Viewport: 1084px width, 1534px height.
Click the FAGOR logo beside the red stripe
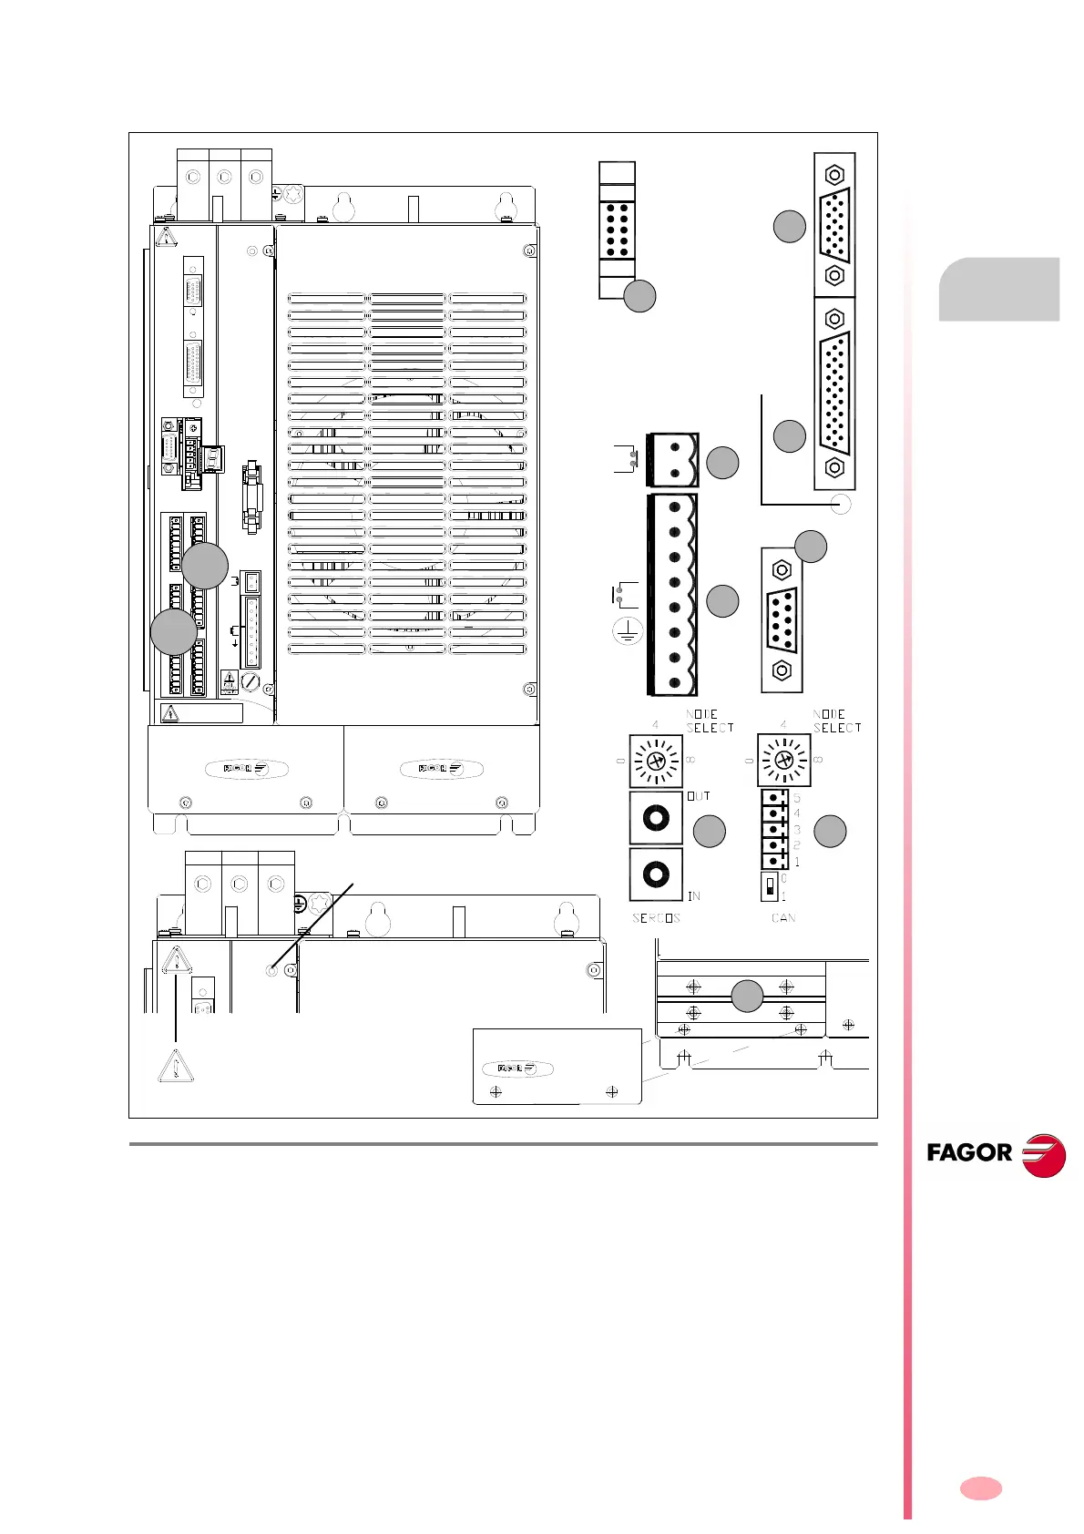(995, 1154)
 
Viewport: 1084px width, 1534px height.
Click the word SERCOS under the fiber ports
(656, 918)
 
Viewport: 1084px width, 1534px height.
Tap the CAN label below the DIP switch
(783, 918)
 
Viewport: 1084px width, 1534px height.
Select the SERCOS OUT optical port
(656, 818)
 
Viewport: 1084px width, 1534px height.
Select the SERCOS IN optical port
(656, 874)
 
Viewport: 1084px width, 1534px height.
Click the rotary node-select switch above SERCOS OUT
(656, 760)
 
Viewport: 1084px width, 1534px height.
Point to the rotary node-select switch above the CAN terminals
(783, 760)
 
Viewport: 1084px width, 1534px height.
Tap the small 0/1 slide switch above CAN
(771, 886)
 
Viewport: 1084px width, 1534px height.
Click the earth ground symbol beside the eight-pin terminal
(627, 633)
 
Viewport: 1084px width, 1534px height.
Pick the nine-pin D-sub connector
(782, 620)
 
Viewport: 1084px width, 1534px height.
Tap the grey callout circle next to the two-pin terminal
(722, 463)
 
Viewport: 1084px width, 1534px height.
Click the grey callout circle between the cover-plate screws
(748, 997)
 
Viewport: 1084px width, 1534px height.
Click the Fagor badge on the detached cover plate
(518, 1069)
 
